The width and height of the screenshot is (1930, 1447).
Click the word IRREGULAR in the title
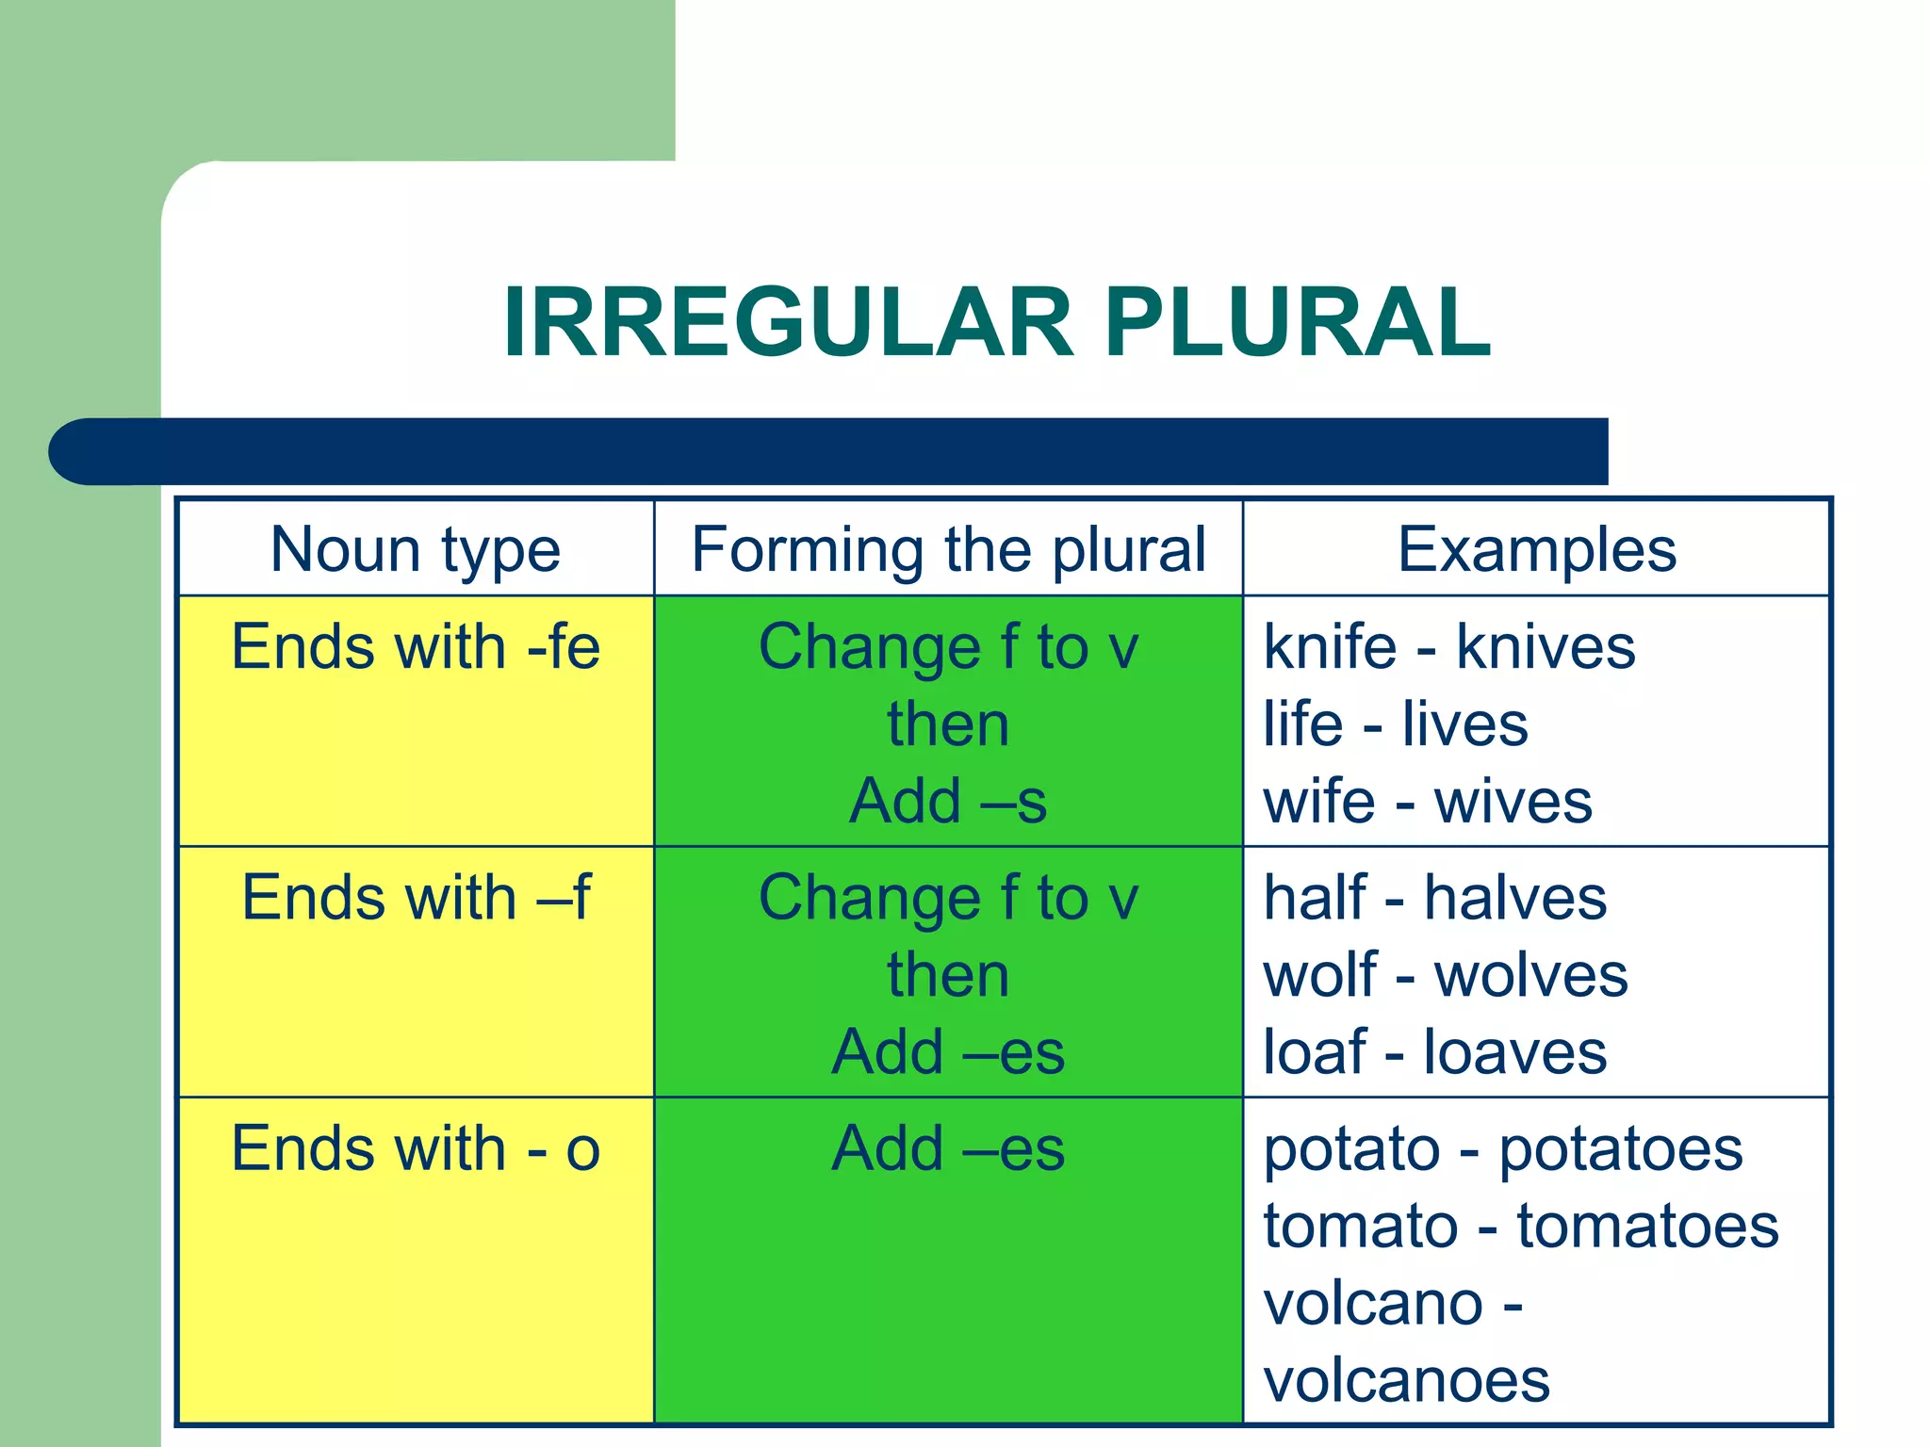788,323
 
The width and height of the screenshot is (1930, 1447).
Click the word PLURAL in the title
1298,323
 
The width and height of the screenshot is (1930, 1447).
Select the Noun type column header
416,549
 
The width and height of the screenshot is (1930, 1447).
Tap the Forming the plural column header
948,549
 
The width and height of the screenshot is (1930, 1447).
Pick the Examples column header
1536,549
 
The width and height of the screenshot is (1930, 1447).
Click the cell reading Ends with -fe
416,648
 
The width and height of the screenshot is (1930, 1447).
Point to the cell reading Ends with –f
416,898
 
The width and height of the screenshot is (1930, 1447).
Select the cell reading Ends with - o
416,1149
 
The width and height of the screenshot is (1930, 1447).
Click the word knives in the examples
1546,648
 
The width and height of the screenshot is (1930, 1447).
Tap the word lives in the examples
1464,725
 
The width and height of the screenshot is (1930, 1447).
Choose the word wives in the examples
1513,803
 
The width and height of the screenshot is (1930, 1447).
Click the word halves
1514,898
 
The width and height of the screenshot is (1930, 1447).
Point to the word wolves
1530,976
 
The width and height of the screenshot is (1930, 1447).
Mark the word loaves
1514,1052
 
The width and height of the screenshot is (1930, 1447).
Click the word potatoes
1621,1150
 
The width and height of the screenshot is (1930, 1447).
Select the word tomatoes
1647,1228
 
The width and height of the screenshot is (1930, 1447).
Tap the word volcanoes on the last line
1406,1382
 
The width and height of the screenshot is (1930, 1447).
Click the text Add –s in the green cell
948,802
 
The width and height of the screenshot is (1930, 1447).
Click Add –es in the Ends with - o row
948,1149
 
